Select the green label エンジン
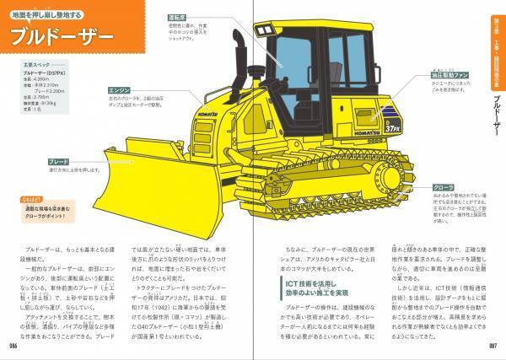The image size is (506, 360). pyautogui.click(x=117, y=88)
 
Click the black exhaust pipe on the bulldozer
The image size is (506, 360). pyautogui.click(x=234, y=53)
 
